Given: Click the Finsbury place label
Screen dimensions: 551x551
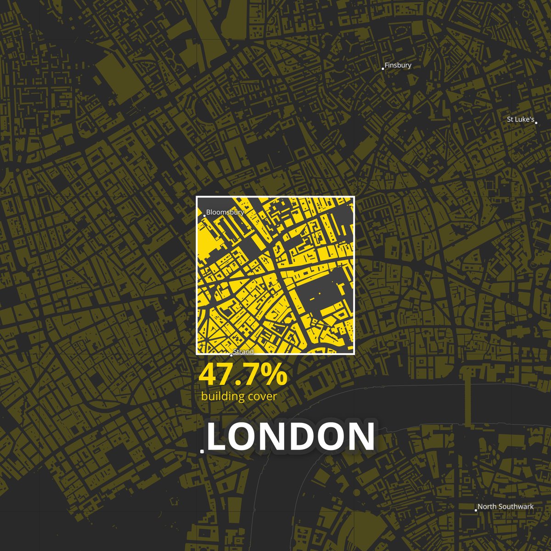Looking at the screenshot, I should coord(398,65).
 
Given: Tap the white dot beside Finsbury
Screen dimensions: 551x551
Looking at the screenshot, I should coord(383,69).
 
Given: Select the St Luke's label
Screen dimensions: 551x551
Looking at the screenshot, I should coord(520,119).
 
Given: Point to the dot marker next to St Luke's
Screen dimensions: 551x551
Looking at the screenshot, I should coord(536,123).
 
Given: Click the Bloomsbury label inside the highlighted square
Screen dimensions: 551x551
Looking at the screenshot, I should coord(225,212).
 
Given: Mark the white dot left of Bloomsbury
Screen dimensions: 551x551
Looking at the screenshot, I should coord(204,215).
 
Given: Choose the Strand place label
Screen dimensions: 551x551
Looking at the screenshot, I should coord(243,352).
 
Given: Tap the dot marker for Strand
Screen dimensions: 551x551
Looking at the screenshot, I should coord(231,355).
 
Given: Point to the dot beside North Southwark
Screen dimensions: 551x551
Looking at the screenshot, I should coord(476,510).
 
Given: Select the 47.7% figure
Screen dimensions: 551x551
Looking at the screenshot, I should coord(243,375).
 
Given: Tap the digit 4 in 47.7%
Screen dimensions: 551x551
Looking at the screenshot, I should coord(207,375).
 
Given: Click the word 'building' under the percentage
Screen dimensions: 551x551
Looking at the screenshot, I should coord(223,396).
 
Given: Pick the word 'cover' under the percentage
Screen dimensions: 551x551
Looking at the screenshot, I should coord(262,396).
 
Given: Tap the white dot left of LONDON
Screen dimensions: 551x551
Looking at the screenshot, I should coord(202,451).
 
